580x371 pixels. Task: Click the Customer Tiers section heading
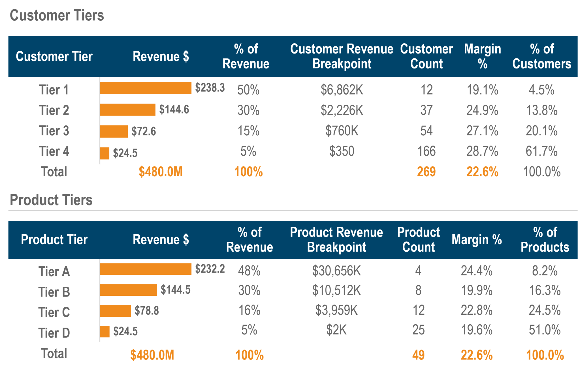(x=57, y=15)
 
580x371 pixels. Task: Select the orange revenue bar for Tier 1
(x=146, y=88)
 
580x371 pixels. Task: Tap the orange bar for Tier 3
(x=114, y=131)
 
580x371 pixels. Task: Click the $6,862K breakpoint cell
(x=342, y=90)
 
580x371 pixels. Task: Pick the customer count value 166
(x=427, y=151)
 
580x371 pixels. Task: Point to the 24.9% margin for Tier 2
(x=482, y=110)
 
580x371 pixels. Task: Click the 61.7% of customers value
(x=541, y=151)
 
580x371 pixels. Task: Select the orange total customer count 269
(x=426, y=172)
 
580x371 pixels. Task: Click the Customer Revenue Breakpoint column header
(x=342, y=56)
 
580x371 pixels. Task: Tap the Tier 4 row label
(x=54, y=151)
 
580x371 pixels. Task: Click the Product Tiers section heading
(x=51, y=200)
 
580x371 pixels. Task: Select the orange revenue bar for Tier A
(x=146, y=269)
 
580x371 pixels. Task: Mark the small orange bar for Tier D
(x=105, y=331)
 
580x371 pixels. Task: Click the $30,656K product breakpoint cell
(x=336, y=271)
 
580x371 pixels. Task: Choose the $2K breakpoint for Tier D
(x=336, y=330)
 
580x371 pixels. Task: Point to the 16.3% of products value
(x=545, y=291)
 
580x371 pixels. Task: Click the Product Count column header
(x=418, y=239)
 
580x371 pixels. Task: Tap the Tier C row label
(x=54, y=312)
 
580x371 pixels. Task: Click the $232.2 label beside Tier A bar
(x=210, y=269)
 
